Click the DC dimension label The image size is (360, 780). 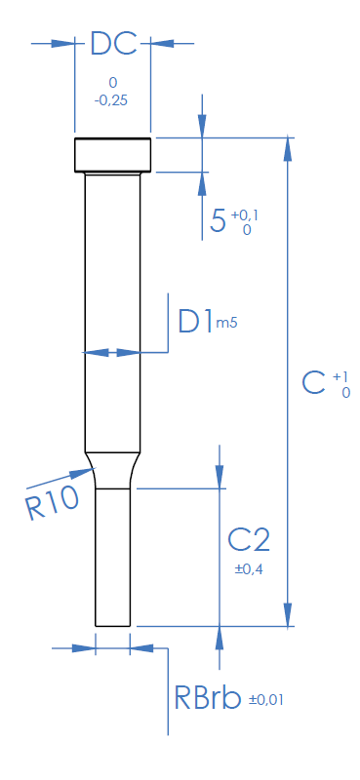pyautogui.click(x=113, y=44)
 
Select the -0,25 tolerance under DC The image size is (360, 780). pyautogui.click(x=110, y=100)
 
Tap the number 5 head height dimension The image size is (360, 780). pyautogui.click(x=218, y=221)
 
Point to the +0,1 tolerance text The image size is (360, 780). pyautogui.click(x=246, y=214)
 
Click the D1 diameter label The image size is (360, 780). pyautogui.click(x=196, y=322)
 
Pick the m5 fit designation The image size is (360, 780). pyautogui.click(x=226, y=324)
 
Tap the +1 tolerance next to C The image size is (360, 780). pyautogui.click(x=341, y=376)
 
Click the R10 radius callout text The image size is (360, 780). pyautogui.click(x=53, y=503)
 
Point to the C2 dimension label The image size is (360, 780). pyautogui.click(x=249, y=540)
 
